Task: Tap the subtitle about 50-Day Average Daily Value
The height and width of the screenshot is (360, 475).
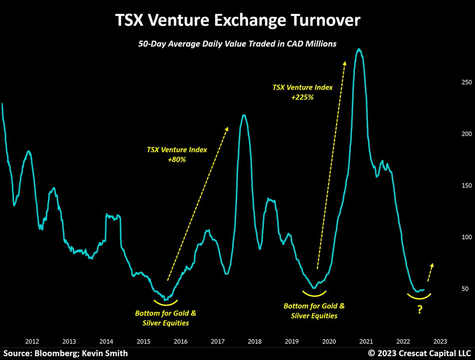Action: pos(237,44)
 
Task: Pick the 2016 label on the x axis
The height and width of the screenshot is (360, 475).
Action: pos(180,341)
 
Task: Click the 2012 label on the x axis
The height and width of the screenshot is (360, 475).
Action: pos(32,341)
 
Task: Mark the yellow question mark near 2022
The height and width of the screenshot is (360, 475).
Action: pos(419,311)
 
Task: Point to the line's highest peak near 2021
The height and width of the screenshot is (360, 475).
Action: pos(359,49)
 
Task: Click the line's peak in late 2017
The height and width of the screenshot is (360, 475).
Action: pos(244,115)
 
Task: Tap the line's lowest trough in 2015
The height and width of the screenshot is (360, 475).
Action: pos(165,300)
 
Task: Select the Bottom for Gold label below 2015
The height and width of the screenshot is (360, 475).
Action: pos(165,318)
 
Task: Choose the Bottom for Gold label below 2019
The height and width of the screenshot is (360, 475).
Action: pos(314,311)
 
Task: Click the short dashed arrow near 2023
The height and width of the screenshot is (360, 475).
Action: pos(429,273)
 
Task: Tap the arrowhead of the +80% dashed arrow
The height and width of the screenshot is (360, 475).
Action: pos(227,129)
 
